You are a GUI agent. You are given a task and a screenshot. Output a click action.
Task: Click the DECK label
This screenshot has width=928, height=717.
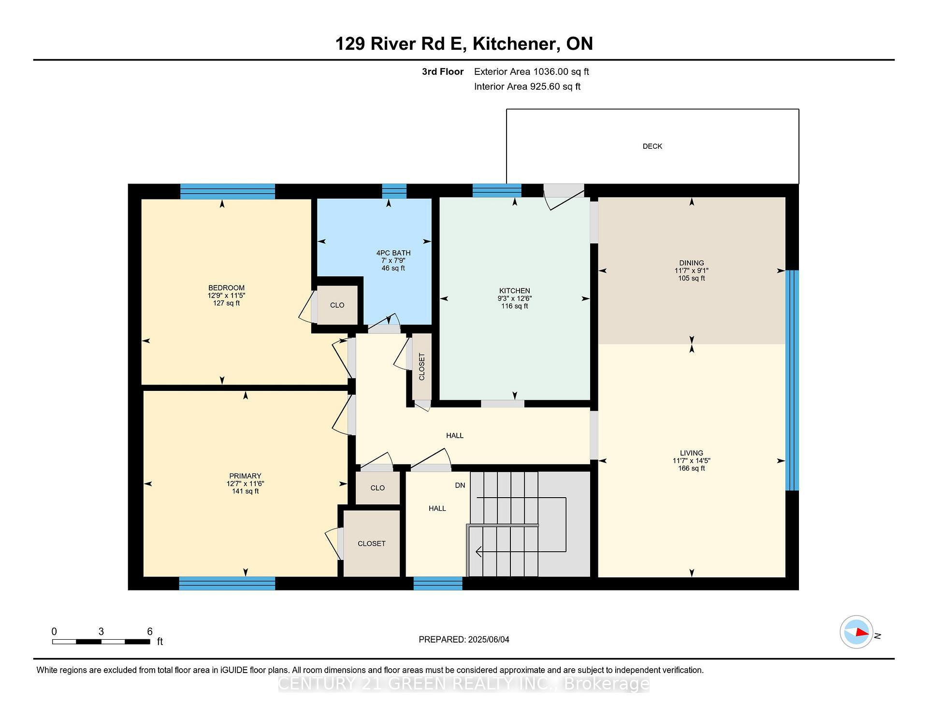click(x=652, y=146)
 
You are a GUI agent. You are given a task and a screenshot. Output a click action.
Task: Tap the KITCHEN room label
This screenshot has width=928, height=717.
click(x=514, y=291)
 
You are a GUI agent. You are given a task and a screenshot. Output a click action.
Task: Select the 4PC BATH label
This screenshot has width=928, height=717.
click(x=393, y=253)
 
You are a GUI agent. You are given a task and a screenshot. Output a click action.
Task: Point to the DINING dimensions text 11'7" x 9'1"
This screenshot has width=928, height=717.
click(x=691, y=271)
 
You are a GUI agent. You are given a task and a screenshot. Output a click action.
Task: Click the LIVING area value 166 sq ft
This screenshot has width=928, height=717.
click(x=691, y=468)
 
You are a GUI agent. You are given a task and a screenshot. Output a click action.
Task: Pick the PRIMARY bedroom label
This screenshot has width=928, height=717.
click(x=245, y=476)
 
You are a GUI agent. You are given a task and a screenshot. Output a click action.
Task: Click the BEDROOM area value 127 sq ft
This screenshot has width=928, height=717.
click(x=226, y=303)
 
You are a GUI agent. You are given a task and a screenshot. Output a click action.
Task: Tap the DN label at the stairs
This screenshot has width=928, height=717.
click(x=460, y=485)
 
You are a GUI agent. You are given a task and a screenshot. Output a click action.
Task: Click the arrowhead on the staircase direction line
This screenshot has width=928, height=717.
click(x=479, y=551)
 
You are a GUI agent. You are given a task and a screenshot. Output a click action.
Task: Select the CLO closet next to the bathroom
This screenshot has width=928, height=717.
click(x=337, y=305)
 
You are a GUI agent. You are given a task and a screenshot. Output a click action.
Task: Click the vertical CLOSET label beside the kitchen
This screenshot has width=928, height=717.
click(x=421, y=367)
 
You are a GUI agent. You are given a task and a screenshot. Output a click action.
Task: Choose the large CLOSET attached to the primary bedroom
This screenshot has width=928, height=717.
click(x=371, y=544)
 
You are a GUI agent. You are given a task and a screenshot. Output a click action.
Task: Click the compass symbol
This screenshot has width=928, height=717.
click(x=856, y=632)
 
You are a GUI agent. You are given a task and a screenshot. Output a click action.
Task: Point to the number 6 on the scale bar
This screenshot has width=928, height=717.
click(x=150, y=631)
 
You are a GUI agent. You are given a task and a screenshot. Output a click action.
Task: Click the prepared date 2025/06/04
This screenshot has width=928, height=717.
click(x=488, y=640)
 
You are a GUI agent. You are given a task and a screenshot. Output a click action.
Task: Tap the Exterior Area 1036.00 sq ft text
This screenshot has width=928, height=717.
click(x=531, y=72)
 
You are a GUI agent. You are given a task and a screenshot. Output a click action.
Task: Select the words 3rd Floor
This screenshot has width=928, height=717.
click(x=442, y=72)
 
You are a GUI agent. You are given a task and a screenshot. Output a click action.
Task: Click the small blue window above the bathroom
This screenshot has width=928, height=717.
click(x=394, y=191)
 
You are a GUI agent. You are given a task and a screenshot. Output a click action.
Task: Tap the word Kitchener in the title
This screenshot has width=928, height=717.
click(x=513, y=44)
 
